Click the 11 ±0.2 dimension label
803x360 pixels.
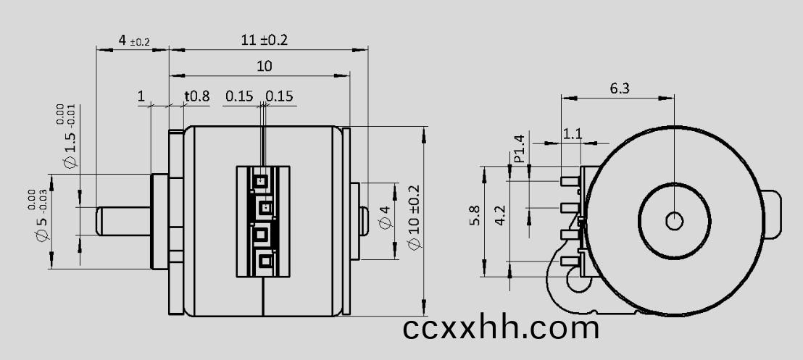coord(264,40)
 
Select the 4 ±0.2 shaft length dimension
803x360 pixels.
coord(133,41)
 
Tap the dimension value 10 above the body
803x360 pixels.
coord(265,66)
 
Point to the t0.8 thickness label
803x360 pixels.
coord(197,96)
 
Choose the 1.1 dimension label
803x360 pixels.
coord(572,134)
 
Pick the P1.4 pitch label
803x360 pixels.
coord(520,148)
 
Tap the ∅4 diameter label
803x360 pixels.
coord(386,217)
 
